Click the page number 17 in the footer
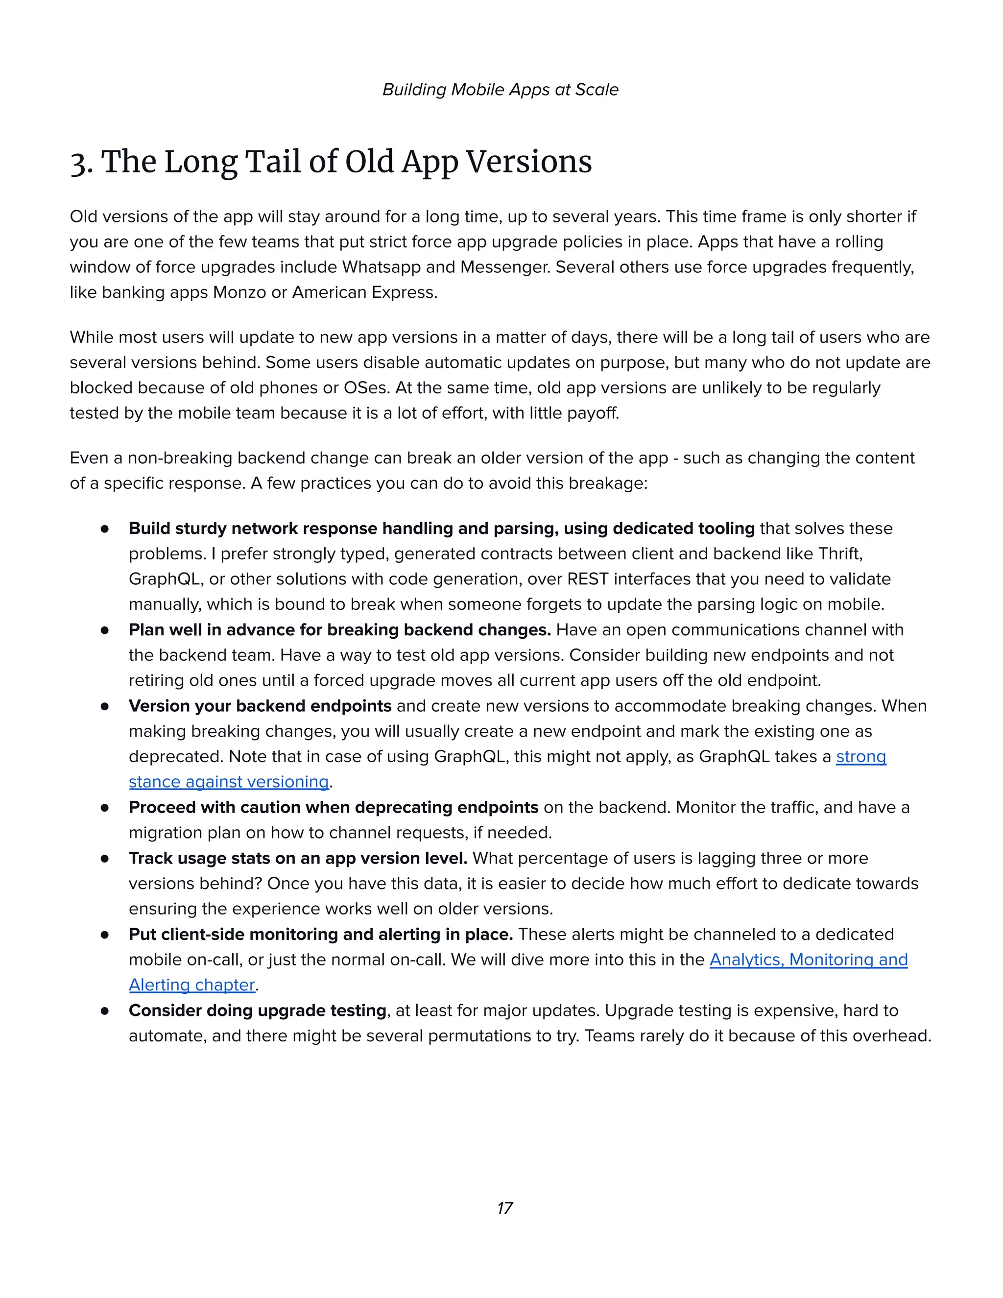[504, 1208]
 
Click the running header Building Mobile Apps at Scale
[501, 90]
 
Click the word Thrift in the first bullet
[839, 554]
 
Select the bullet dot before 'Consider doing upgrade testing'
[105, 1011]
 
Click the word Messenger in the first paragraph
[504, 267]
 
